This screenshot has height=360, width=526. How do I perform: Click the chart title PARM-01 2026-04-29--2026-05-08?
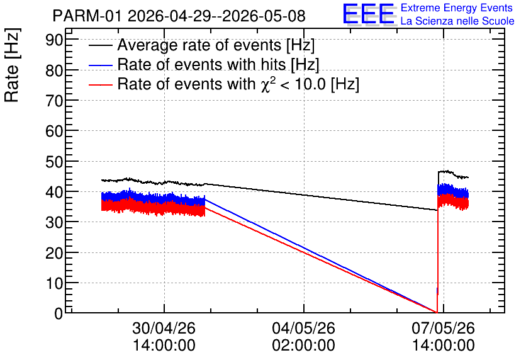coord(179,16)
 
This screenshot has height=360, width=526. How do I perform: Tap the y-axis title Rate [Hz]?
coord(12,65)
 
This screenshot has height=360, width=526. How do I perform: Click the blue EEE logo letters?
coord(369,14)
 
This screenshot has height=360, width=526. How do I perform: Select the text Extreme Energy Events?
coord(457,8)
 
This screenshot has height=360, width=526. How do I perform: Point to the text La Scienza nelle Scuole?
coord(457,21)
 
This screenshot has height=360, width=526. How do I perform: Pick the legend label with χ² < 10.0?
coord(238,83)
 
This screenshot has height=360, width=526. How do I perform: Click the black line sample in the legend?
coord(100,45)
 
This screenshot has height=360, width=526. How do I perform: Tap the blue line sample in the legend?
coord(100,65)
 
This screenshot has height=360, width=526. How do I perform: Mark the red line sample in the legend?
coord(100,84)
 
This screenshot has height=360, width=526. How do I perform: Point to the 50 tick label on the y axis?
coord(54,162)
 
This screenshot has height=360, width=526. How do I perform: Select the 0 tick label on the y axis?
coord(59,313)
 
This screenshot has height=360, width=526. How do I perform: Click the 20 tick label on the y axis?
coord(54,253)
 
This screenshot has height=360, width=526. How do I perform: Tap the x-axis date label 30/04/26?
coord(164,328)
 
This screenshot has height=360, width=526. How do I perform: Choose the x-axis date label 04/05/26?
coord(303,328)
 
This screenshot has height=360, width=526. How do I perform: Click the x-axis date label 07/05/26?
coord(443,328)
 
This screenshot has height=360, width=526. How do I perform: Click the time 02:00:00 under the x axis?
coord(303,346)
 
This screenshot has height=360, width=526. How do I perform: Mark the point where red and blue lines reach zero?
coord(437,312)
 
